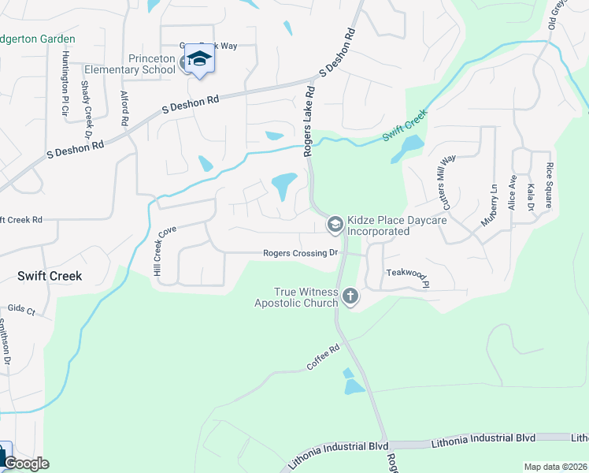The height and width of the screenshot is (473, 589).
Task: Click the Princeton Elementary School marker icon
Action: (199, 60)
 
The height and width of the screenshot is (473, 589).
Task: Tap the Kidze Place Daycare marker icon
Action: (335, 225)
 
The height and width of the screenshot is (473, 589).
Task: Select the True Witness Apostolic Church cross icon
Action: (350, 296)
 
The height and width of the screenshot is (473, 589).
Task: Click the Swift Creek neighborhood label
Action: (50, 276)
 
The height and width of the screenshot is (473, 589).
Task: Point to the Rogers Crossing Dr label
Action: (300, 253)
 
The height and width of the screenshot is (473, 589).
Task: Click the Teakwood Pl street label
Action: (407, 273)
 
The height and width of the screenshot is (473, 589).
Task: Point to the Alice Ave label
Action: (513, 192)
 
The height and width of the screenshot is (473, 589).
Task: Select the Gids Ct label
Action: (22, 311)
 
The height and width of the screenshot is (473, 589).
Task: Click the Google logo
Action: (26, 464)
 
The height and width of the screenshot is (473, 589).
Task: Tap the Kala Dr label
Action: (532, 196)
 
